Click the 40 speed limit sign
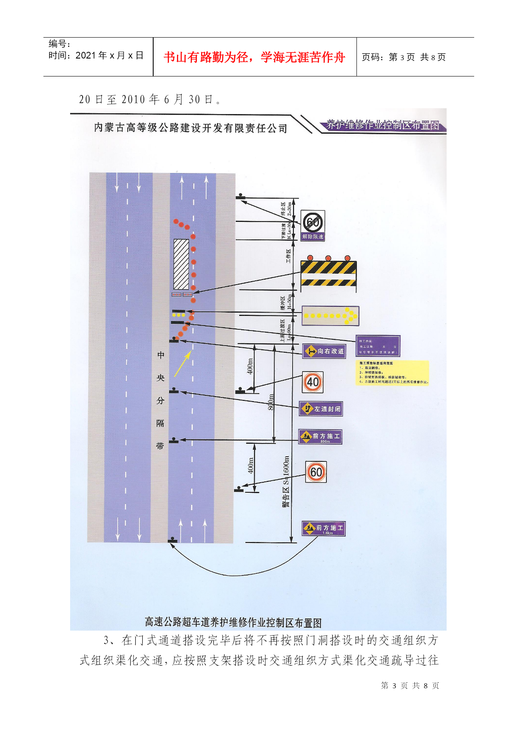click(313, 382)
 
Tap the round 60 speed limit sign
click(316, 472)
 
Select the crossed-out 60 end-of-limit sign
click(313, 222)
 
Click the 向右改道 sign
click(324, 351)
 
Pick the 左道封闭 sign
click(321, 409)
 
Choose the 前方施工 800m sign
click(320, 437)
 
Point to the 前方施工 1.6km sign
click(324, 529)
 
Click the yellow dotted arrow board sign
click(330, 316)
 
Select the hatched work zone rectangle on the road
click(181, 264)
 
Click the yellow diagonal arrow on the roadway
click(182, 364)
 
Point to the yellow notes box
click(392, 373)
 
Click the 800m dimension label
click(270, 402)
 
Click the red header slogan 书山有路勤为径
click(254, 57)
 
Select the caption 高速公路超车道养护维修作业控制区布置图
click(233, 622)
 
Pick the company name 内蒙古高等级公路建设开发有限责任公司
click(190, 128)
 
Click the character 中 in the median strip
click(161, 355)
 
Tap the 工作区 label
click(288, 256)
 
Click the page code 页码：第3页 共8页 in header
click(403, 57)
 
